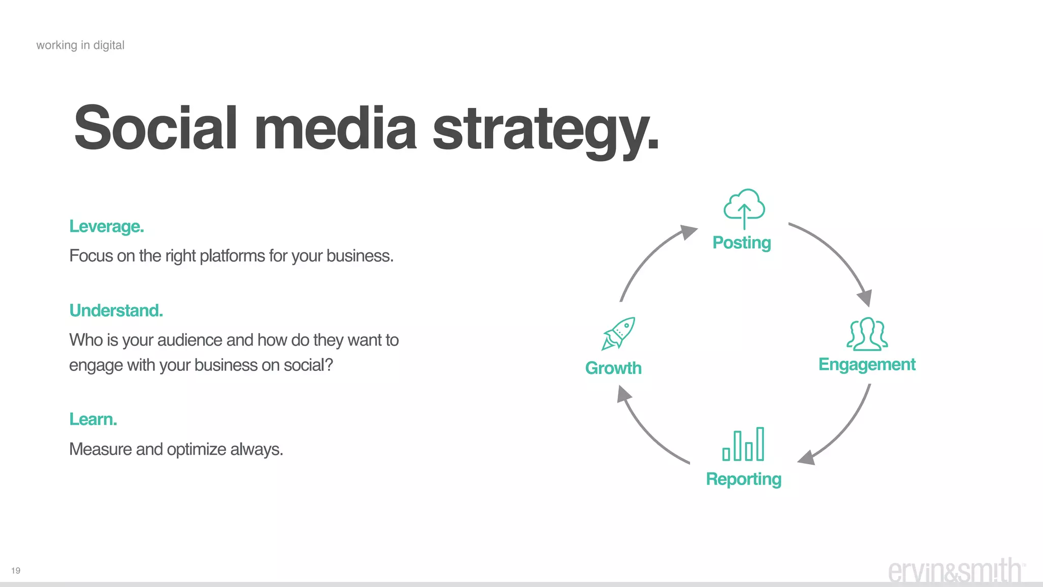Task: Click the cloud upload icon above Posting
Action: [x=744, y=208]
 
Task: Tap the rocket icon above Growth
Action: [x=618, y=333]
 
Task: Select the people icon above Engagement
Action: [x=867, y=334]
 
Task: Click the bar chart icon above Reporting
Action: [x=744, y=444]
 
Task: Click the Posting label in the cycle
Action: [x=742, y=243]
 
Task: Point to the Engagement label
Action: [x=867, y=364]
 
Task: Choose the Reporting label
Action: [x=744, y=479]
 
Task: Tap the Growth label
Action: [x=613, y=368]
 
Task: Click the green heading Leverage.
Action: [x=107, y=226]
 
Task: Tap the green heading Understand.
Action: [x=116, y=310]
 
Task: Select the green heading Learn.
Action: [x=93, y=419]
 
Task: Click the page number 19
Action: [x=16, y=571]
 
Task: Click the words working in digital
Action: [x=80, y=45]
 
